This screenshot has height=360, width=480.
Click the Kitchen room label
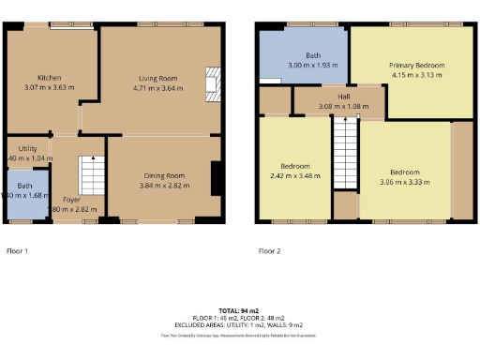click(x=49, y=77)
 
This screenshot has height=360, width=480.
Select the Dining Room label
click(x=164, y=174)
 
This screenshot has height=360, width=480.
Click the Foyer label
click(x=71, y=200)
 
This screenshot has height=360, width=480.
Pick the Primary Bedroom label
click(x=416, y=65)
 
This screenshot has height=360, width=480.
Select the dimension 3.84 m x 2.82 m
click(x=164, y=186)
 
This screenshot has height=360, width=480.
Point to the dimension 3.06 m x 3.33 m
click(x=404, y=184)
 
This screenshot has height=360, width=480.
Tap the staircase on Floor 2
click(x=345, y=155)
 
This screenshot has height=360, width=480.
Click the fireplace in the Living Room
click(x=213, y=82)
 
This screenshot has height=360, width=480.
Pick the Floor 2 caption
click(x=268, y=251)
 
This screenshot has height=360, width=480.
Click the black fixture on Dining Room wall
click(x=216, y=177)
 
